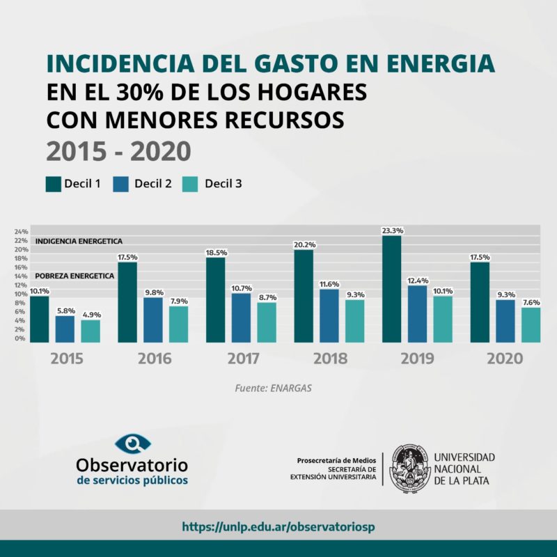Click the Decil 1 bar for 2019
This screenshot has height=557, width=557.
[392, 289]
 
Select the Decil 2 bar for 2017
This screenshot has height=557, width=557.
[242, 317]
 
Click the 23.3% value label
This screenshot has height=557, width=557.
[392, 230]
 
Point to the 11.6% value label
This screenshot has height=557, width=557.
[329, 284]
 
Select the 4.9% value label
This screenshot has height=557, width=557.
[91, 315]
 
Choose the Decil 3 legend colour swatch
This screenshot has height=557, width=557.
[191, 184]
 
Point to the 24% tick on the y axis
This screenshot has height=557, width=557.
[21, 231]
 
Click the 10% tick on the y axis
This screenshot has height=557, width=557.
[21, 295]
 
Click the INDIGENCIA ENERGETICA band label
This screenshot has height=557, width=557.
[79, 241]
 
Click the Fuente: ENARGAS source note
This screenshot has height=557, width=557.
[272, 388]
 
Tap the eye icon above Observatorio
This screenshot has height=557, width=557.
[132, 444]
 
